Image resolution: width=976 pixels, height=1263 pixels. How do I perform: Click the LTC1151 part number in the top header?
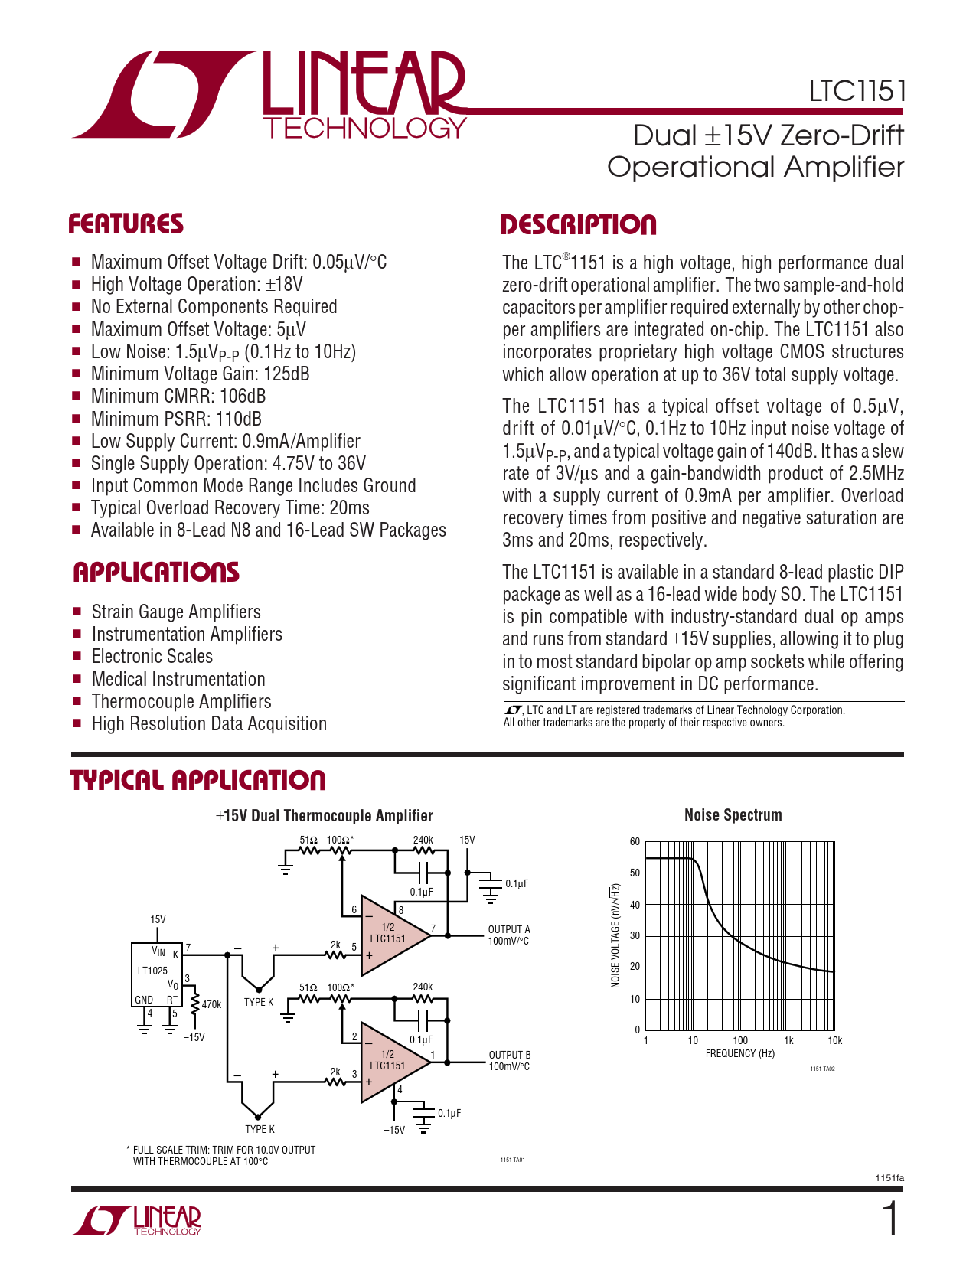(x=857, y=91)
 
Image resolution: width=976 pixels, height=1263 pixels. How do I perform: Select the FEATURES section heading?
(x=126, y=224)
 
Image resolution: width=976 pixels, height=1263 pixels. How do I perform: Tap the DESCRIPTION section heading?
(x=579, y=225)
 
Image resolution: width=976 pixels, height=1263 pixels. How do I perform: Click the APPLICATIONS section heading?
(x=156, y=573)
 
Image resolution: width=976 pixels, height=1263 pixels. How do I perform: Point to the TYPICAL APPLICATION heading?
(x=198, y=781)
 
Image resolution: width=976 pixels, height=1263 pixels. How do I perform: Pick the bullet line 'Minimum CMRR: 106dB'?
(x=178, y=397)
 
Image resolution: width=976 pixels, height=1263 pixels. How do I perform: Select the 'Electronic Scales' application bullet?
(x=152, y=657)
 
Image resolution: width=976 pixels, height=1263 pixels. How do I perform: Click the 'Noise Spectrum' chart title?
(x=733, y=815)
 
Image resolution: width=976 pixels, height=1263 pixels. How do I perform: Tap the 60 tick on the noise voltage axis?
(x=635, y=842)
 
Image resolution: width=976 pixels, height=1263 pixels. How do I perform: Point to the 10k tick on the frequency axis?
(x=834, y=1041)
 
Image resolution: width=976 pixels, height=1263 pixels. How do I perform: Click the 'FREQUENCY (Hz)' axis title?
(x=740, y=1054)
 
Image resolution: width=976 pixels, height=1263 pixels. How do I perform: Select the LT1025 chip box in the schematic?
(x=157, y=974)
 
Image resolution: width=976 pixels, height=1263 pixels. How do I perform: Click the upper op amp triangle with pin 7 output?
(x=391, y=935)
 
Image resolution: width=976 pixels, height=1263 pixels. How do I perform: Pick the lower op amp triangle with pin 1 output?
(x=391, y=1061)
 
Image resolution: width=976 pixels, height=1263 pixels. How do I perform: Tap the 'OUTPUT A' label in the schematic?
(x=509, y=929)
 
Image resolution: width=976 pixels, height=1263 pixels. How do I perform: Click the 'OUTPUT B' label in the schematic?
(x=510, y=1055)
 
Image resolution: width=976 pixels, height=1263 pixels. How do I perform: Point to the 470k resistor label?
(x=211, y=1004)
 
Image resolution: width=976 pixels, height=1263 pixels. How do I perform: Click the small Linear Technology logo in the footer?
(x=137, y=1219)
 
